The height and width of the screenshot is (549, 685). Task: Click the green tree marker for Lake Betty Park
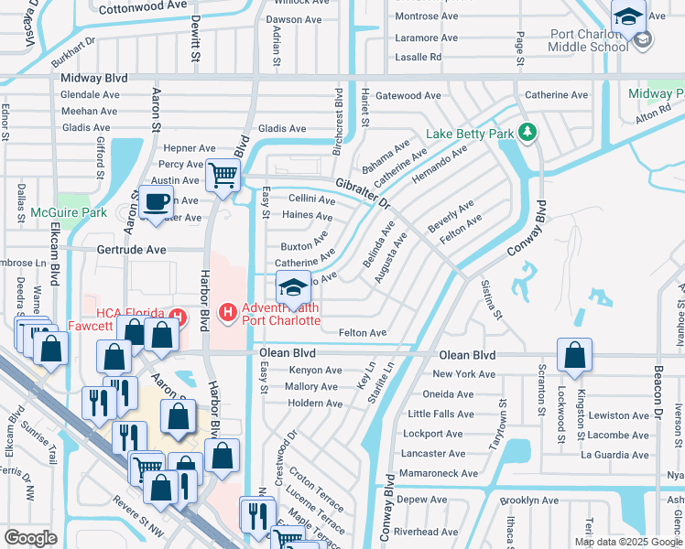pyautogui.click(x=527, y=133)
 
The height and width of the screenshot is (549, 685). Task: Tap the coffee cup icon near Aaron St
pyautogui.click(x=157, y=201)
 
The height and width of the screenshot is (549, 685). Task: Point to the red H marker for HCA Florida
pyautogui.click(x=179, y=318)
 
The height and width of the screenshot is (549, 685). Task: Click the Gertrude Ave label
pyautogui.click(x=132, y=249)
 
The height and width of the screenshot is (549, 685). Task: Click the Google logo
pyautogui.click(x=30, y=537)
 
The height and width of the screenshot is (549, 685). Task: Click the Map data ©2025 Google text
pyautogui.click(x=627, y=542)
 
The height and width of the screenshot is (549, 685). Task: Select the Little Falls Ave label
pyautogui.click(x=440, y=414)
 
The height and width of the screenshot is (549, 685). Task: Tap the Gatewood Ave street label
pyautogui.click(x=408, y=95)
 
